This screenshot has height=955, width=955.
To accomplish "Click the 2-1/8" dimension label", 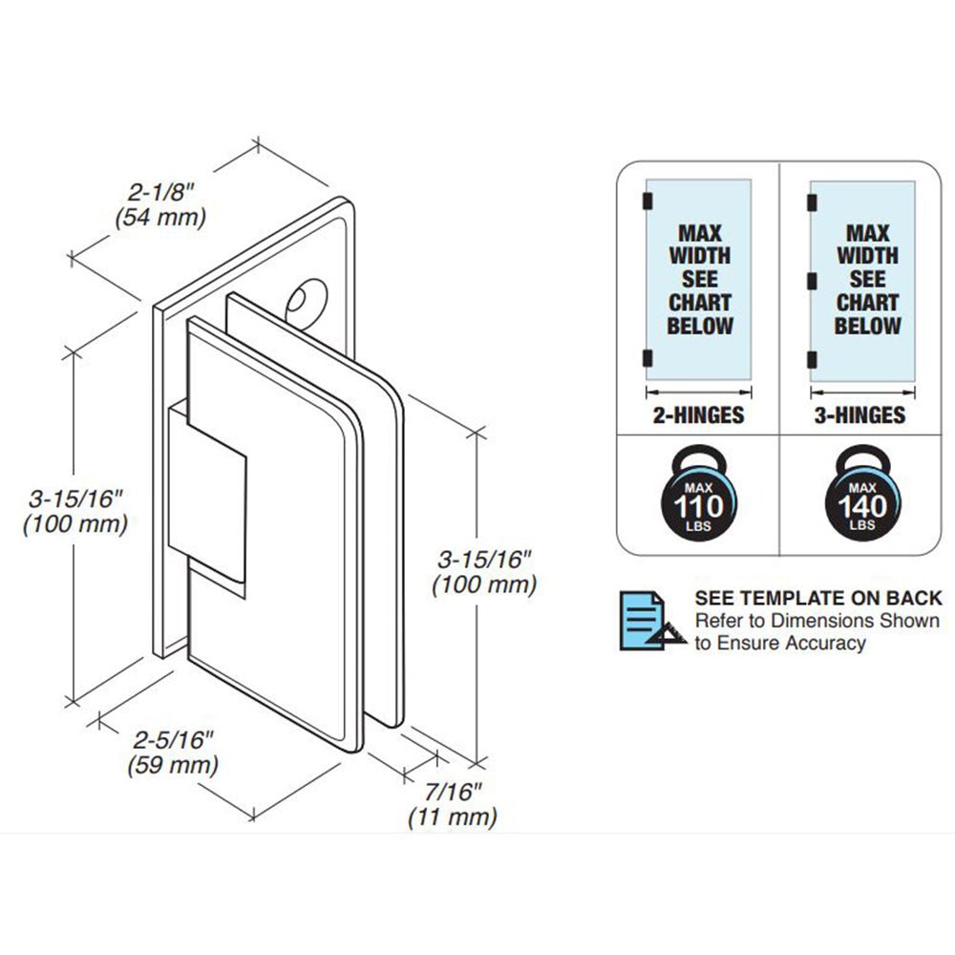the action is [x=160, y=192].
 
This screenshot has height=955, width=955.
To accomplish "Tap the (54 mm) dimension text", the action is [x=160, y=217].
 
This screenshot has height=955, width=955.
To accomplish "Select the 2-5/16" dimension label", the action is [x=173, y=740].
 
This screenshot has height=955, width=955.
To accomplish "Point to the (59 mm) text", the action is [x=173, y=765].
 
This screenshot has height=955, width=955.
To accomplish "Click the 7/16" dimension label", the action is [x=453, y=792].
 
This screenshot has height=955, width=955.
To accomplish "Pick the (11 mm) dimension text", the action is [x=453, y=817].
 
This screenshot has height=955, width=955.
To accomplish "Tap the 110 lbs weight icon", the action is [x=699, y=492].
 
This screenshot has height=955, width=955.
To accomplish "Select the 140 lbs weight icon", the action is [x=862, y=492].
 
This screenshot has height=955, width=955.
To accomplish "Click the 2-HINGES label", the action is [x=699, y=415].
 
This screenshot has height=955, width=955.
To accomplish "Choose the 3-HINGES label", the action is [x=860, y=415].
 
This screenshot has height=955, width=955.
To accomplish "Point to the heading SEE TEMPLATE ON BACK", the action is [x=818, y=598].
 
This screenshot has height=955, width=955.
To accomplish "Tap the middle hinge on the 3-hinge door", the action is [x=811, y=282].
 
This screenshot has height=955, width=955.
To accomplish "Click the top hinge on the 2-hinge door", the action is [x=647, y=201].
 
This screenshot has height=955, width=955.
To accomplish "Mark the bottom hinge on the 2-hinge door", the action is [x=647, y=359].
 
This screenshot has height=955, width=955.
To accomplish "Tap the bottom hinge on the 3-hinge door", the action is [x=811, y=360].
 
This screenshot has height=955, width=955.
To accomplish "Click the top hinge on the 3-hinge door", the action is [x=811, y=202].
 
